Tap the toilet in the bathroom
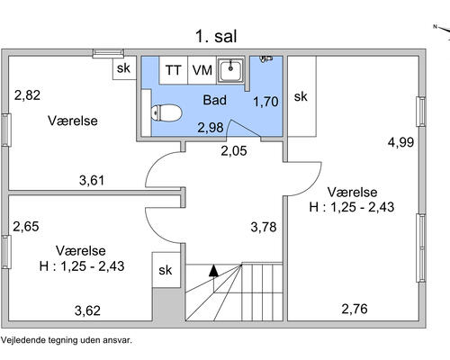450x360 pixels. point(166,112)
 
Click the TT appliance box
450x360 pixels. point(173,69)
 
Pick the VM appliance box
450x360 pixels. point(202,69)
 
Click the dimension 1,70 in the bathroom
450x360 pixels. point(265,102)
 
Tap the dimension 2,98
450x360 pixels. point(211,127)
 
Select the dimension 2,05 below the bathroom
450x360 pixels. point(234,151)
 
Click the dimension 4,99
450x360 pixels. point(400,141)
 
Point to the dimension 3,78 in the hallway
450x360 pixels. point(263,227)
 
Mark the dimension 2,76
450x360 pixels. point(355,310)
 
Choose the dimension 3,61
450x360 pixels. point(92,180)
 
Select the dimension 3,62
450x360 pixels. point(87,311)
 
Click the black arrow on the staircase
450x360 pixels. point(213,269)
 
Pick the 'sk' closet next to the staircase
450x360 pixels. point(166,269)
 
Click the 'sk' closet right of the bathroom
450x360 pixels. point(301,96)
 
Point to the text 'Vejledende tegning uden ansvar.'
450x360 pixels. point(67,341)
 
